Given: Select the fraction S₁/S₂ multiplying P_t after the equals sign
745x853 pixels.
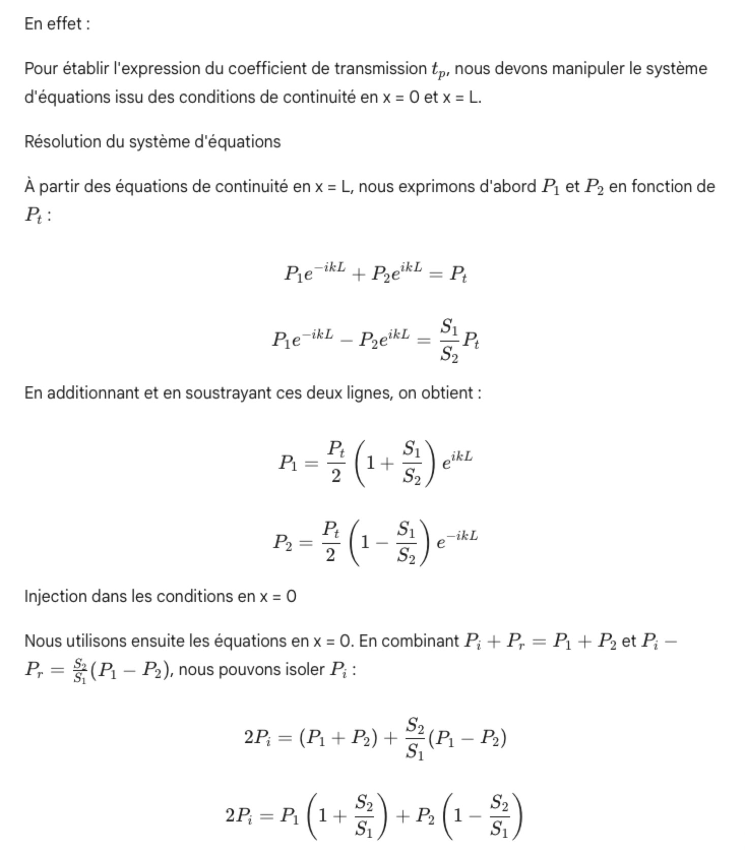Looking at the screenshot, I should pyautogui.click(x=449, y=340).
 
